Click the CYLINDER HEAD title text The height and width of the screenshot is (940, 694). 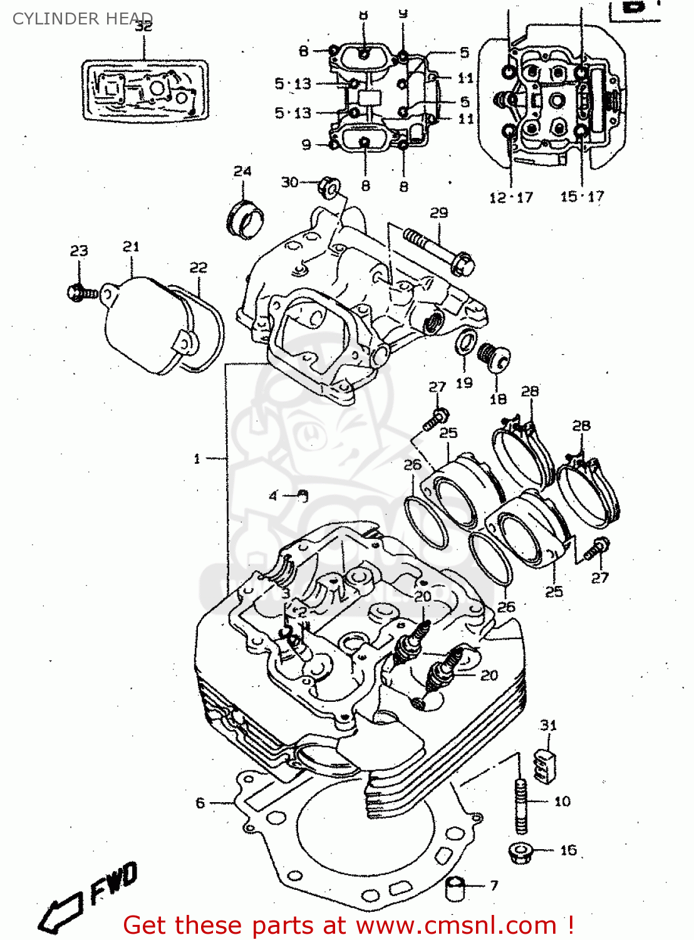[82, 19]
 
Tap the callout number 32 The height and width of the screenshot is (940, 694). [144, 27]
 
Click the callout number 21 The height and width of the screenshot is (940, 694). [131, 247]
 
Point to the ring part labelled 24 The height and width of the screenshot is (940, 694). [245, 219]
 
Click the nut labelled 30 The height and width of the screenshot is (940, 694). [329, 187]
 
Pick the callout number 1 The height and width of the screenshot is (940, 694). [197, 459]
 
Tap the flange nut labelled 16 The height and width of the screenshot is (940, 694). [520, 852]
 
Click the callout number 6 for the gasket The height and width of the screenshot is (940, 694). [200, 803]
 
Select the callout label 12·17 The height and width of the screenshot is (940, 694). [510, 197]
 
